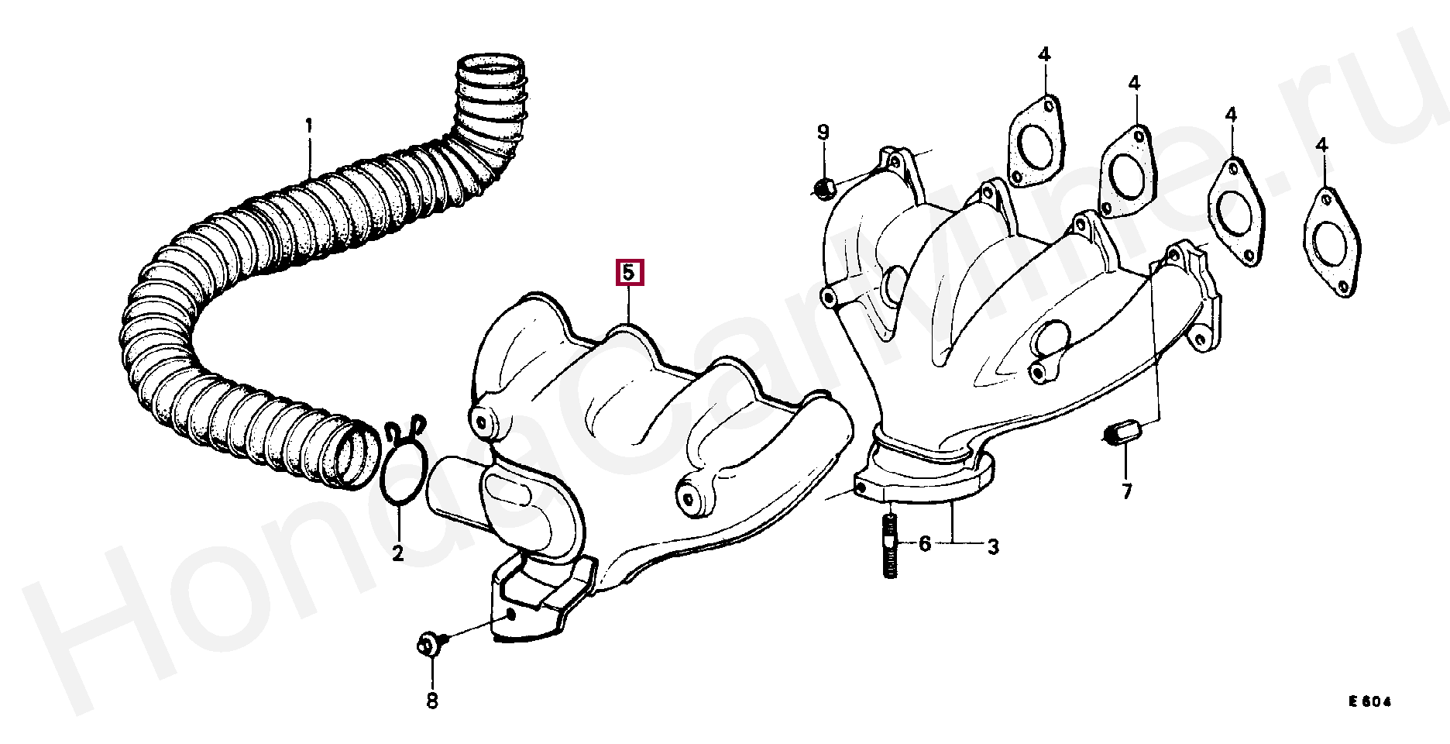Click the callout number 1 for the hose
(308, 125)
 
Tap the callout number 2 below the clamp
(397, 553)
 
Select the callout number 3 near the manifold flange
(993, 546)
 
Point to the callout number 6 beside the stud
(925, 544)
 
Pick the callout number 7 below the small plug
(1127, 491)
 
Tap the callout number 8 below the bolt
(432, 701)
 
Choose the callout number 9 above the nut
(823, 132)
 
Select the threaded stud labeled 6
(890, 546)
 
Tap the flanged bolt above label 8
(429, 643)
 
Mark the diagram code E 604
(1370, 702)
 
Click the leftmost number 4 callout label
(1044, 54)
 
